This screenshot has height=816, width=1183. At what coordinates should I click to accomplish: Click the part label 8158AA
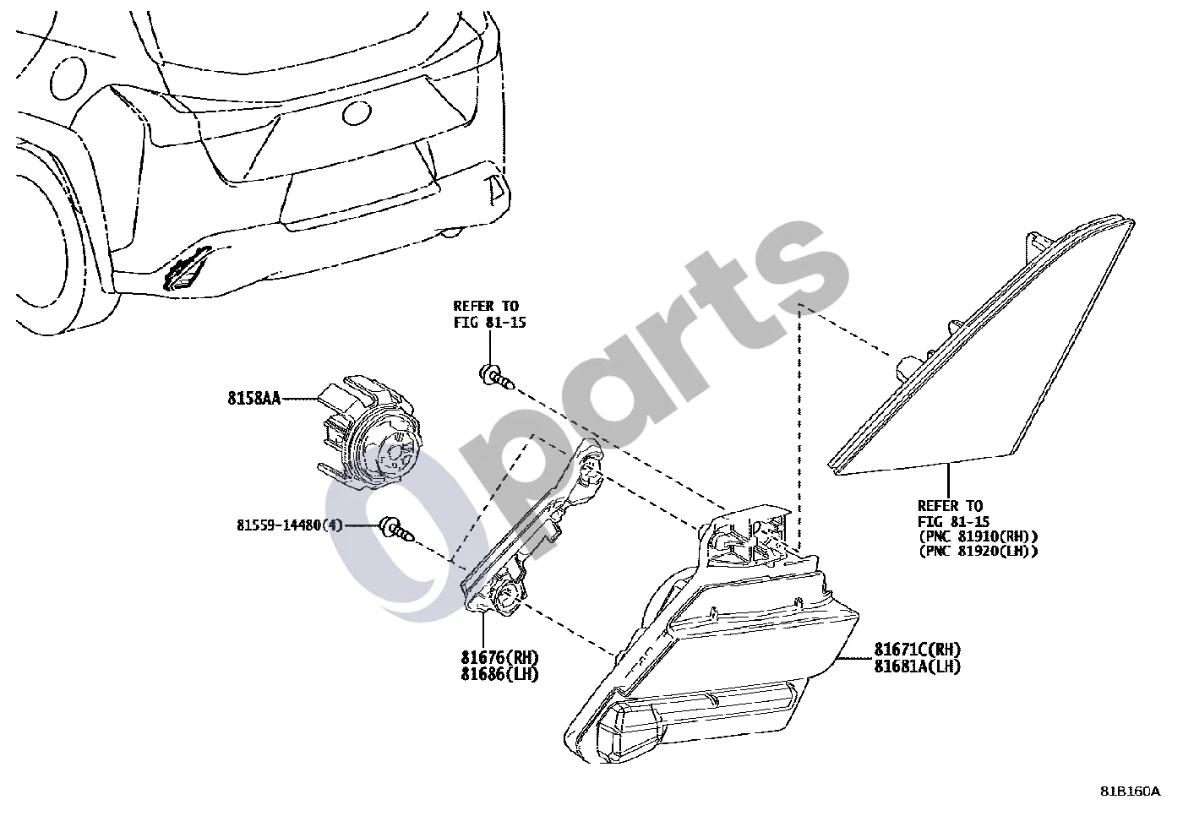point(254,398)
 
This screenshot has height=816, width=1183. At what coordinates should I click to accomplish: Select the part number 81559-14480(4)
point(289,525)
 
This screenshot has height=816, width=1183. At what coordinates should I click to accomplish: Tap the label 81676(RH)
point(499,658)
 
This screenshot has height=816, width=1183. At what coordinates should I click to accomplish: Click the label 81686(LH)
point(499,674)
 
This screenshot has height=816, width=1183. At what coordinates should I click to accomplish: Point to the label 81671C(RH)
point(918,650)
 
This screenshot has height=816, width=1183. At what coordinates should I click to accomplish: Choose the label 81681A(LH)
point(918,666)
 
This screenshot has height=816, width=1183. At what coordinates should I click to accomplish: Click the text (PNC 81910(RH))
point(979,536)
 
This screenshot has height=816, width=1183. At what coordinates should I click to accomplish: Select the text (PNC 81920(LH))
point(979,551)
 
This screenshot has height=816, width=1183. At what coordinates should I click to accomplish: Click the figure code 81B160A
point(1131,792)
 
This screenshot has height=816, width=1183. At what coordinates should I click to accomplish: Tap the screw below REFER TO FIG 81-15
point(496,378)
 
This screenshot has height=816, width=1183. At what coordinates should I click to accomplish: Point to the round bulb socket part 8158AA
point(371,431)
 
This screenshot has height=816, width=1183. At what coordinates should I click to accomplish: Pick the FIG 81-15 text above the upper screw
point(489,323)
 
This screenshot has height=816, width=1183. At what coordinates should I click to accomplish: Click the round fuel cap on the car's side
point(68,78)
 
